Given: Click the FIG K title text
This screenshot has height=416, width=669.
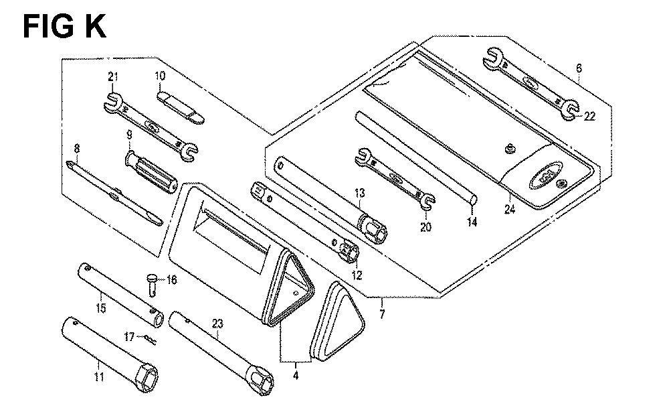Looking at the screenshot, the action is [64, 27].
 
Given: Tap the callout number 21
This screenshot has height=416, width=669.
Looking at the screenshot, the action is [112, 77].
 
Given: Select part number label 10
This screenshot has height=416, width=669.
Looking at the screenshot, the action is [160, 76].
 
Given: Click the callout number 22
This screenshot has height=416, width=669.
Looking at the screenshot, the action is [589, 116].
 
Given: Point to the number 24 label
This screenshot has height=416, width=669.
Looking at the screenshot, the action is [510, 209].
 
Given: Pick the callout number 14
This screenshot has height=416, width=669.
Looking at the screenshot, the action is [472, 222].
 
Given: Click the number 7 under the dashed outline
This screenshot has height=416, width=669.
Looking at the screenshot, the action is [382, 314].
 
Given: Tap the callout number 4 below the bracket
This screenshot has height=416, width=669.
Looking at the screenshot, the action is [296, 376].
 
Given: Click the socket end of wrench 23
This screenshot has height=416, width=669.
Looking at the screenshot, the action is [262, 383].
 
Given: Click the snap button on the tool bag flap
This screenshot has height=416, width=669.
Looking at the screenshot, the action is [508, 149].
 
